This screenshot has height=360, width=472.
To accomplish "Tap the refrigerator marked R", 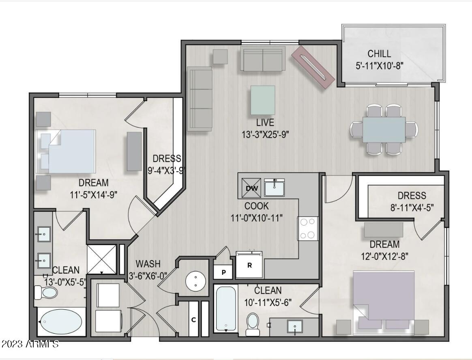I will click(x=250, y=265).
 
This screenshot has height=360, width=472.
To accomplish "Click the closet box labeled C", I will click(x=194, y=319).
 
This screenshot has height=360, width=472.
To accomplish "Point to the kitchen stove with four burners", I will click(x=308, y=229).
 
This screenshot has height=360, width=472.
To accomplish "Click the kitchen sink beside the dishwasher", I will click(x=275, y=187).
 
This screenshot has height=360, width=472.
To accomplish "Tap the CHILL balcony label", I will click(x=379, y=54).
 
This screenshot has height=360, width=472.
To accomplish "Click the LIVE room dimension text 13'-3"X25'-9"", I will click(x=265, y=134).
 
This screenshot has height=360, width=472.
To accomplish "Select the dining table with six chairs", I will click(x=384, y=129).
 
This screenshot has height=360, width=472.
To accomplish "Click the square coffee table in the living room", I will click(x=262, y=100).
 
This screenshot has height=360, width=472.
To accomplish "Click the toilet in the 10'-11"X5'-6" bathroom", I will click(x=253, y=323).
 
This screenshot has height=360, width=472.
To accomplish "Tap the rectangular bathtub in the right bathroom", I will click(x=226, y=308).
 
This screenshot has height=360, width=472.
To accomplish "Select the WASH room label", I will click(x=148, y=264).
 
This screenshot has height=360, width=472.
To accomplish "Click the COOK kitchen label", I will click(x=256, y=206).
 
